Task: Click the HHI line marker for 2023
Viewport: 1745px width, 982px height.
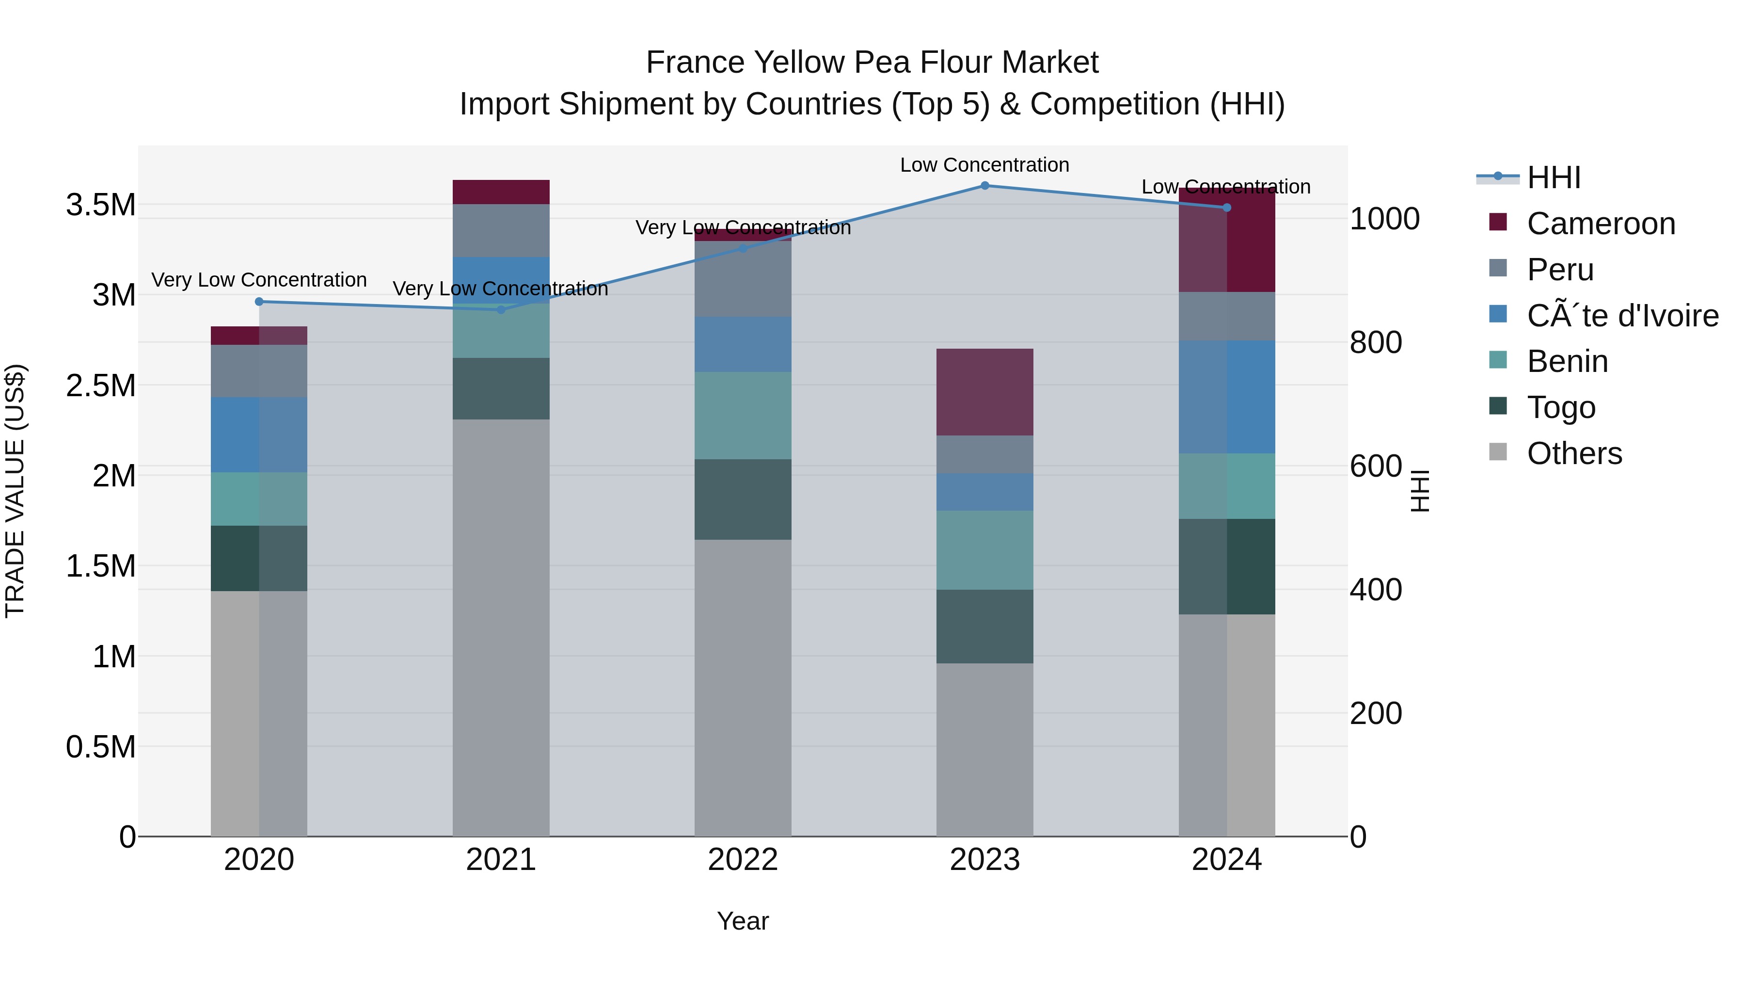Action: (x=984, y=186)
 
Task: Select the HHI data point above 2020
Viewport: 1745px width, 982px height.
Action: (x=259, y=302)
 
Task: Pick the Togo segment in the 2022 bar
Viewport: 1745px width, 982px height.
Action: (x=743, y=499)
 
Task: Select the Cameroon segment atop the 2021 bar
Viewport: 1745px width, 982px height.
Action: (x=501, y=192)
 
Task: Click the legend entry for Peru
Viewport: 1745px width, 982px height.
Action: (x=1560, y=270)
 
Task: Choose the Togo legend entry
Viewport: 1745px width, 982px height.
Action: (x=1561, y=407)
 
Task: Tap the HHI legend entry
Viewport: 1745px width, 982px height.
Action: (x=1554, y=177)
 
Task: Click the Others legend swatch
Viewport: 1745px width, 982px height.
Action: (x=1498, y=452)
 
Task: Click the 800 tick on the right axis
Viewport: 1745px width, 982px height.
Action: (x=1375, y=342)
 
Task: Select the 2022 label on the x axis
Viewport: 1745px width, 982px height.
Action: (x=743, y=860)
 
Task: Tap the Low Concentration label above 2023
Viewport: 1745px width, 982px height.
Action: (x=984, y=165)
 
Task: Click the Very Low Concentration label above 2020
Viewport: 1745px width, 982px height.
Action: (x=259, y=280)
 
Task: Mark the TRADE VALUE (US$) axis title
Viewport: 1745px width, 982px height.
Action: (x=15, y=491)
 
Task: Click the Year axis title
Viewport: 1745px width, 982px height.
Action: (x=743, y=921)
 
